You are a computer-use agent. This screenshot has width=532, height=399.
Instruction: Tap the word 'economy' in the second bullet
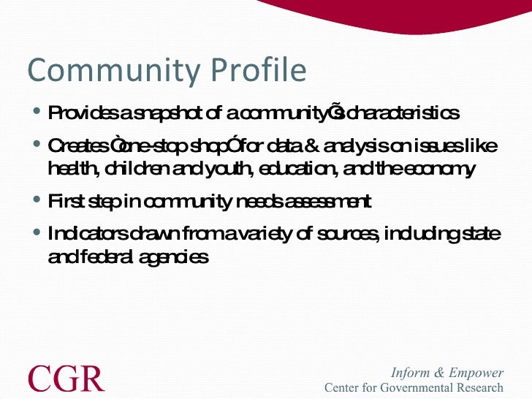click(x=443, y=170)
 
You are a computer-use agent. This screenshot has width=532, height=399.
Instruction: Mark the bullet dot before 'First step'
click(x=37, y=200)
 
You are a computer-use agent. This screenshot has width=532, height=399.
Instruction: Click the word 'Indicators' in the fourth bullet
click(x=87, y=234)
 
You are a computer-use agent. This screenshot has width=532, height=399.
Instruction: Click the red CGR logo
click(x=66, y=379)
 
